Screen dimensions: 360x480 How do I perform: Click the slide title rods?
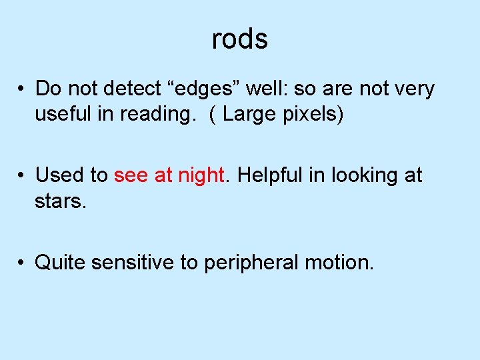tap(240, 39)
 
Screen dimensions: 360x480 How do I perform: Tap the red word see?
tap(131, 176)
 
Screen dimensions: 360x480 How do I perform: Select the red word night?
tap(200, 176)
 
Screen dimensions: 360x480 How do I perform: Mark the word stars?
tap(61, 201)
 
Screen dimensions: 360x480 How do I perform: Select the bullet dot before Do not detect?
tap(22, 89)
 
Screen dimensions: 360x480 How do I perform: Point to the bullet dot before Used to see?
tap(22, 176)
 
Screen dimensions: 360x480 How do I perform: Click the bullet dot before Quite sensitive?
tap(22, 263)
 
